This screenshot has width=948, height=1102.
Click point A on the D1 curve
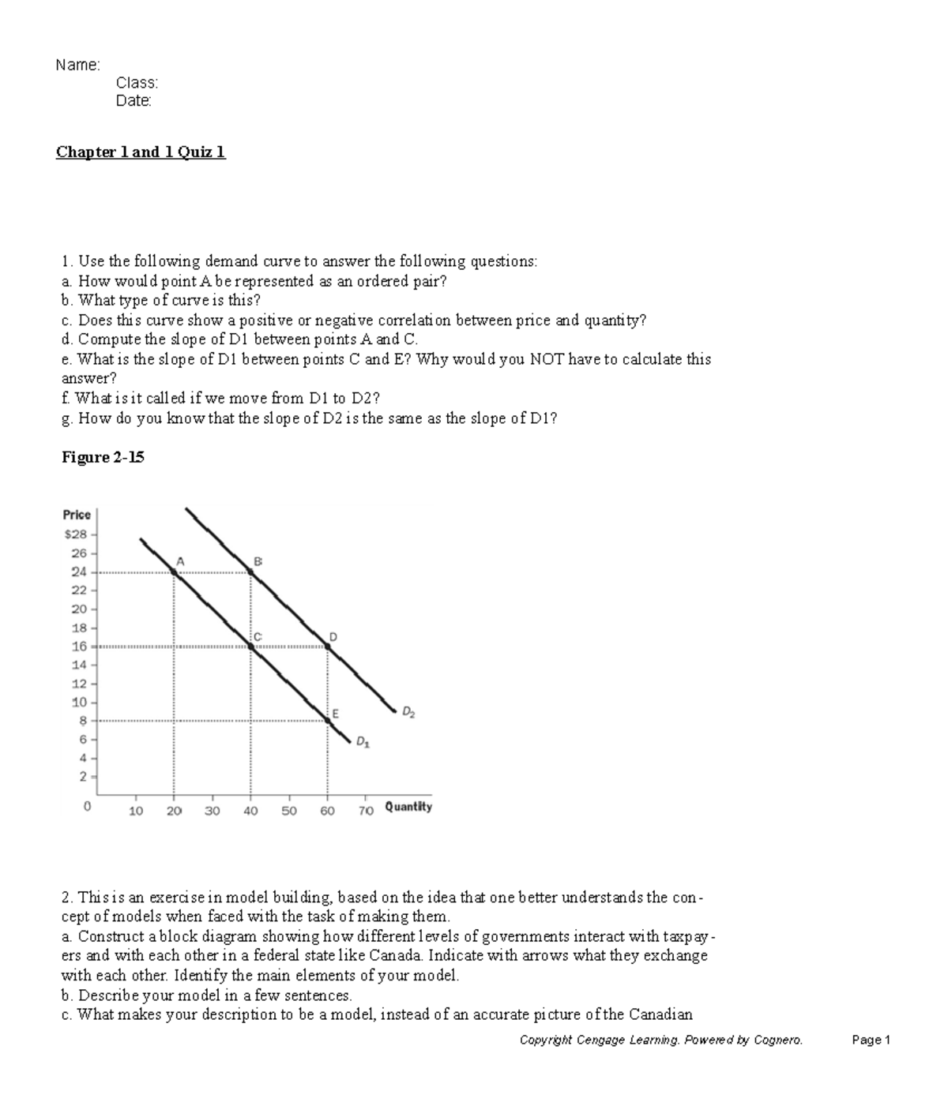pyautogui.click(x=175, y=571)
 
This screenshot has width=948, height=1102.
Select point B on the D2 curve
pyautogui.click(x=251, y=571)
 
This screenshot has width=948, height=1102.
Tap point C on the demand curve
pyautogui.click(x=251, y=646)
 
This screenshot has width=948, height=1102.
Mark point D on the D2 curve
pyautogui.click(x=328, y=646)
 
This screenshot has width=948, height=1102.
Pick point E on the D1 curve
pyautogui.click(x=328, y=719)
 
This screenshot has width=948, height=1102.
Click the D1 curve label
pyautogui.click(x=362, y=742)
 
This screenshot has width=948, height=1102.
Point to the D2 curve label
pyautogui.click(x=408, y=712)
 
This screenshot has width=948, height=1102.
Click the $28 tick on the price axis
pyautogui.click(x=77, y=534)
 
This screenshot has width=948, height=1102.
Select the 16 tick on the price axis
pyautogui.click(x=80, y=646)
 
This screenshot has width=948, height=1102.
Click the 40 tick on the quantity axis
pyautogui.click(x=250, y=810)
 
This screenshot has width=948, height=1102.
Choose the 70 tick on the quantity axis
pyautogui.click(x=365, y=810)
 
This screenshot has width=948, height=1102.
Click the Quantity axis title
pyautogui.click(x=408, y=807)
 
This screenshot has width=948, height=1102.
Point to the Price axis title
pyautogui.click(x=77, y=514)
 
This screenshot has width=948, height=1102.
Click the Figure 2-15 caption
pyautogui.click(x=103, y=457)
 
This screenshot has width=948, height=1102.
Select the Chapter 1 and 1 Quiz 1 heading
pyautogui.click(x=141, y=152)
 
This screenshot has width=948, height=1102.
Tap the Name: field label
pyautogui.click(x=77, y=65)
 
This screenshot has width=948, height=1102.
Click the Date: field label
pyautogui.click(x=134, y=100)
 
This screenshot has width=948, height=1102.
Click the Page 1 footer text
pyautogui.click(x=871, y=1040)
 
